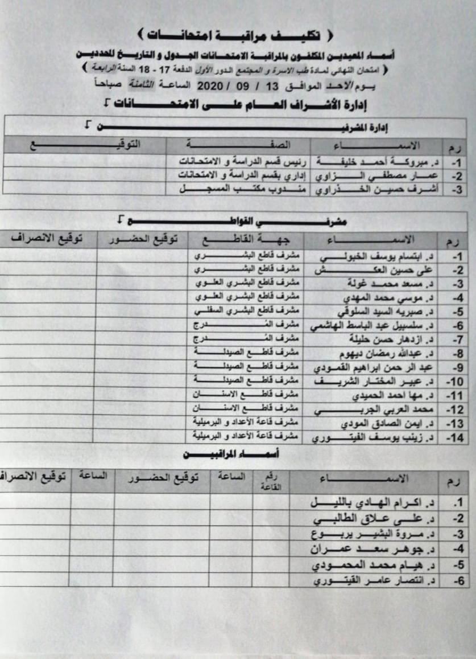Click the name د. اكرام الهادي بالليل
click(x=375, y=503)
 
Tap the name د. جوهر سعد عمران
click(x=370, y=550)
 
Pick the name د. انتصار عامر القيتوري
click(x=372, y=581)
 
